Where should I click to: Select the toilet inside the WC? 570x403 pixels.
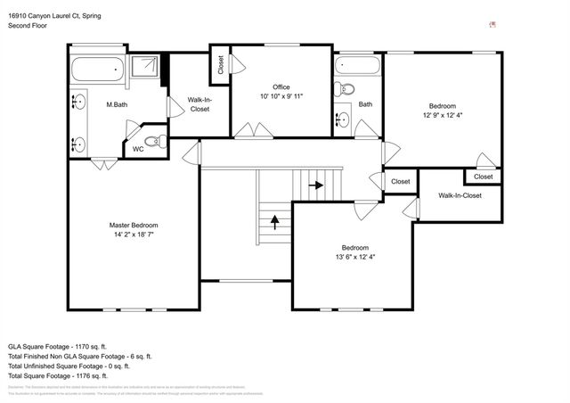coord(153,140)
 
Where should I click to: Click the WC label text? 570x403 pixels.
coord(138,149)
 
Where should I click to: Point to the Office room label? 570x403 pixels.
coord(281,86)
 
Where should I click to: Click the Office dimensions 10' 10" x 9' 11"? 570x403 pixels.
coord(281,96)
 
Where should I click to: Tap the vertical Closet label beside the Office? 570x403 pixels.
coord(220,65)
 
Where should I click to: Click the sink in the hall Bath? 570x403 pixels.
coord(343,119)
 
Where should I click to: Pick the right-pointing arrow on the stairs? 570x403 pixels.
coord(315,185)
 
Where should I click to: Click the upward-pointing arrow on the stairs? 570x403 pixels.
coord(274,219)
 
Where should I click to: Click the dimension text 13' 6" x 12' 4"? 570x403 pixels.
coord(354,258)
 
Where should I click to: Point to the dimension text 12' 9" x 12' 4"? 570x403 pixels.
coord(444,114)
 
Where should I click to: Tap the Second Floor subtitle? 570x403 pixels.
coord(28,26)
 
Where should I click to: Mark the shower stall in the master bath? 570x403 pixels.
coord(148,68)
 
